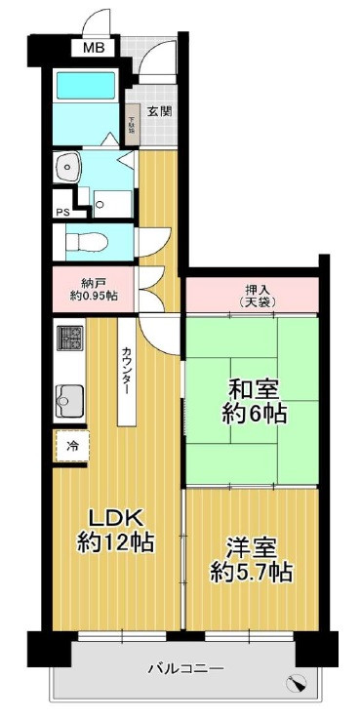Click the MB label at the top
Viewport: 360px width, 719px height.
93,47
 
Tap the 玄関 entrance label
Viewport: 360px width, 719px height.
160,111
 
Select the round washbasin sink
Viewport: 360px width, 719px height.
67,166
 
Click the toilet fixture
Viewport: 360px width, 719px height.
83,239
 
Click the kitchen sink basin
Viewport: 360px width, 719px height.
70,397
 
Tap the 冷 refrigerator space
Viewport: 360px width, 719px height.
70,445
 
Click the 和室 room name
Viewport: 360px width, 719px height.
252,388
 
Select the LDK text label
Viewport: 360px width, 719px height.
116,517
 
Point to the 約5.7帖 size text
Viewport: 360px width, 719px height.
251,573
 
